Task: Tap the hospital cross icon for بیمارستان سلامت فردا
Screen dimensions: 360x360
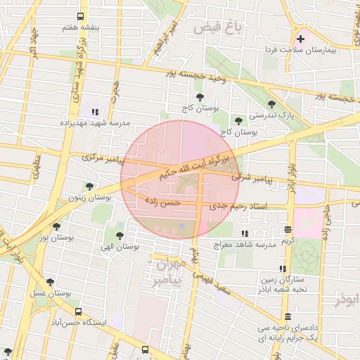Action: (x=301, y=39)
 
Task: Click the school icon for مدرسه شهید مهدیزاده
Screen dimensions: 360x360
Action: (x=94, y=112)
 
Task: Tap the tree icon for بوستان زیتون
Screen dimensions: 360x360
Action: (x=89, y=186)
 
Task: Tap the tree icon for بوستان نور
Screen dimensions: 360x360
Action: (x=56, y=226)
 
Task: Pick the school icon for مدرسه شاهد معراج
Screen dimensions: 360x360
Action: (x=245, y=233)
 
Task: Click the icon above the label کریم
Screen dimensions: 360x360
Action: (x=288, y=230)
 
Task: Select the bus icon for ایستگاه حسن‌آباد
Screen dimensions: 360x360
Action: (x=78, y=311)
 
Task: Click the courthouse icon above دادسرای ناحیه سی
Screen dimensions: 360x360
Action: (x=287, y=316)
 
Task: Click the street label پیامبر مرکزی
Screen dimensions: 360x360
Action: (x=102, y=157)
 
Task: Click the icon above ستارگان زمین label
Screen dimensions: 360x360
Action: (x=283, y=269)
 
